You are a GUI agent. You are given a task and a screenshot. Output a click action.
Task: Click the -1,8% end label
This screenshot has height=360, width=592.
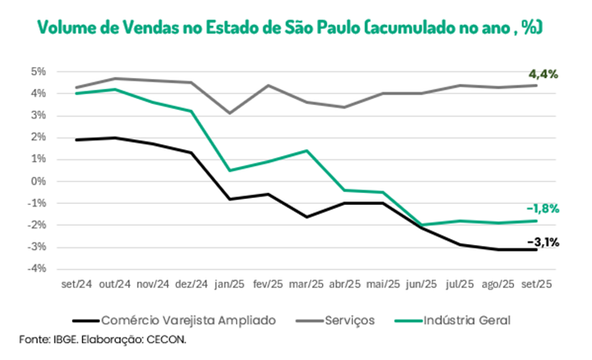(543, 208)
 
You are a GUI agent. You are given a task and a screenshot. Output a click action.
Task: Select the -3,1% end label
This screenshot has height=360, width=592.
(543, 243)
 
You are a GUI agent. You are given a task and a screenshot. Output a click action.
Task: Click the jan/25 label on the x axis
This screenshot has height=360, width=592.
(231, 284)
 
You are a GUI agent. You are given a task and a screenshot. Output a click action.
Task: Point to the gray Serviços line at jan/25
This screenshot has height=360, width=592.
(231, 112)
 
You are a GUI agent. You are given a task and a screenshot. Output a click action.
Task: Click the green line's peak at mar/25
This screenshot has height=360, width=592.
(308, 151)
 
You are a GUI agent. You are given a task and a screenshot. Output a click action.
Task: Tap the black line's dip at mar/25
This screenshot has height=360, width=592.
(308, 217)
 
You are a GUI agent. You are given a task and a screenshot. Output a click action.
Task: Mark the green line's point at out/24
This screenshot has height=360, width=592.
(115, 89)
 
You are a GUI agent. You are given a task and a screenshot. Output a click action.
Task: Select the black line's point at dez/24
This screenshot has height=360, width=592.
(192, 153)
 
